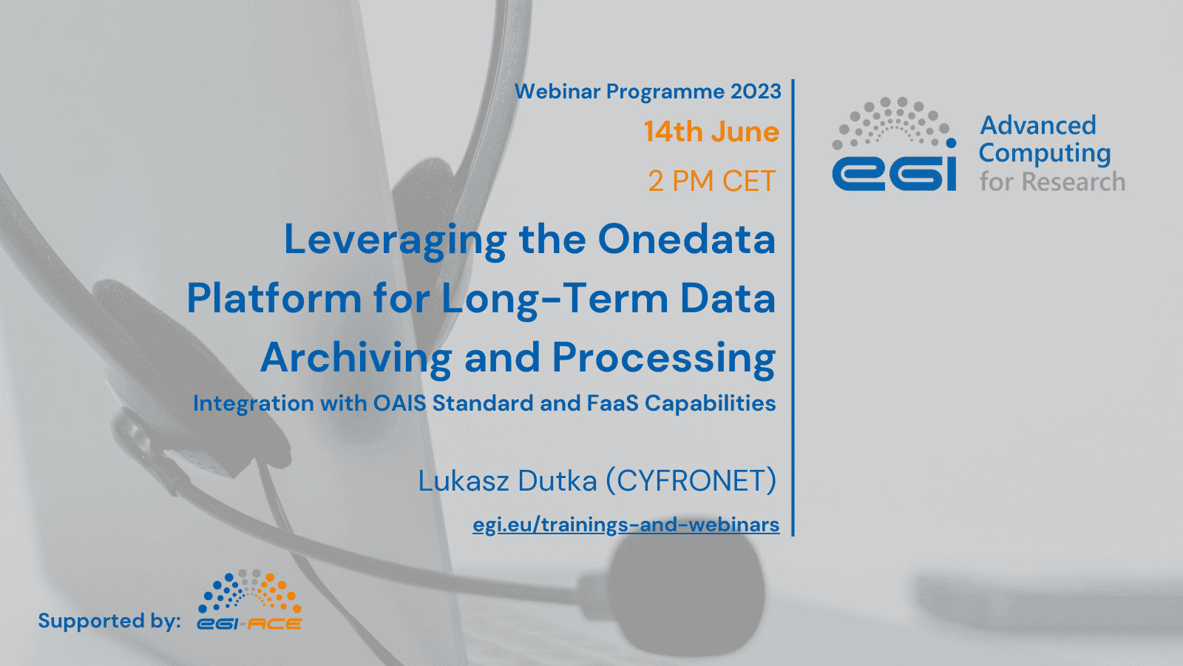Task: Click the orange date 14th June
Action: point(711,132)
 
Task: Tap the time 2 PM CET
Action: point(712,181)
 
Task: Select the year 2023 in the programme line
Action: point(756,92)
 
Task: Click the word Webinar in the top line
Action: point(557,92)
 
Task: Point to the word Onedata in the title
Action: point(687,240)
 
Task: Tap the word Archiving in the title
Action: point(356,360)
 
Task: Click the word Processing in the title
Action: point(664,360)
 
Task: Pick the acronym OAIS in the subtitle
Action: point(400,403)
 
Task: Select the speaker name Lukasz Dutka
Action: point(507,481)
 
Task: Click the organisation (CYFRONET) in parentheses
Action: point(691,481)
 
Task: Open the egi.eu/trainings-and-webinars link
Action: point(626,525)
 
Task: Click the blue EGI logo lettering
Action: point(894,172)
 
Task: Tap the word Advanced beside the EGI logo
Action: point(1038,126)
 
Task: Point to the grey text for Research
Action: point(1053,182)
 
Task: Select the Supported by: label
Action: point(109,621)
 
